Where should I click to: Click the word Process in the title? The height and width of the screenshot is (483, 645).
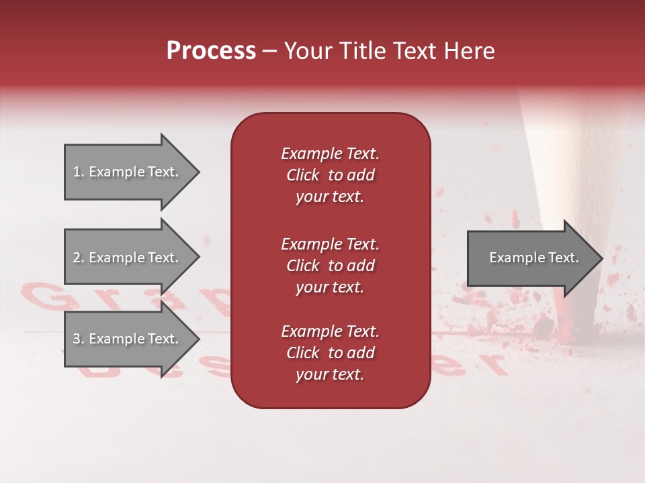pos(211,51)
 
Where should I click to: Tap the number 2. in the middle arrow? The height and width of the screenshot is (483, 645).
pos(78,258)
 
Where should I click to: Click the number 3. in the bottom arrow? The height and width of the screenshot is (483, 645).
pos(78,339)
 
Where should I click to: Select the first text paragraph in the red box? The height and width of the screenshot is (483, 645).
pos(330,175)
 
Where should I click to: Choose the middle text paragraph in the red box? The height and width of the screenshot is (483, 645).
pos(330,266)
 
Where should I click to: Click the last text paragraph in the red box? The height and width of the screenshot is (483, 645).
pos(330,353)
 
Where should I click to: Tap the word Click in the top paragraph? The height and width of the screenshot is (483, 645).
pos(303,175)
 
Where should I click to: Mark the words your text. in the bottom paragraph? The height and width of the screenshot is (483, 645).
pos(330,374)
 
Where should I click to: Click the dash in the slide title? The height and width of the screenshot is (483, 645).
pos(269,52)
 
